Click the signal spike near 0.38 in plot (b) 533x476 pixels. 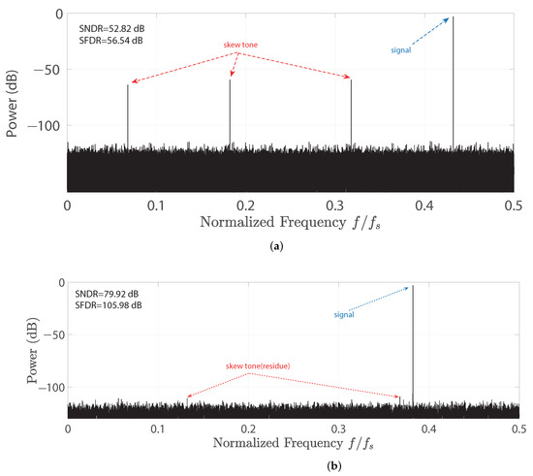click(413, 339)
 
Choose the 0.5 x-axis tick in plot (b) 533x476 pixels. click(519, 428)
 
